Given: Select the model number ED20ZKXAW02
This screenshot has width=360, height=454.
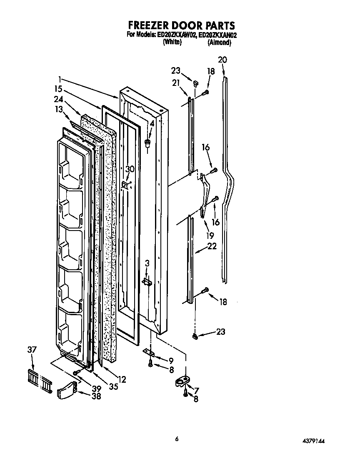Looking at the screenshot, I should [x=177, y=35].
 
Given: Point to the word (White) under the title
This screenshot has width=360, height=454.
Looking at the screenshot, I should [x=172, y=42].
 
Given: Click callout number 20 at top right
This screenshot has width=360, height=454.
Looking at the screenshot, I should [x=222, y=60].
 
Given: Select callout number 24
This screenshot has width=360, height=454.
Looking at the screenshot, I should [x=58, y=100].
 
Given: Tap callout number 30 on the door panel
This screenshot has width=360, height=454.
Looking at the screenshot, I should [x=130, y=169].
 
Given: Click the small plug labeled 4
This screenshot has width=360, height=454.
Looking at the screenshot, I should [x=147, y=144].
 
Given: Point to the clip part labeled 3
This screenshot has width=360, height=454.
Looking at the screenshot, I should [x=146, y=282].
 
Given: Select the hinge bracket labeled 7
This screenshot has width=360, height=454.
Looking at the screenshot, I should [x=182, y=381].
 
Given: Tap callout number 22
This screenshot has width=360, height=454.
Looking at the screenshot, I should [x=212, y=246].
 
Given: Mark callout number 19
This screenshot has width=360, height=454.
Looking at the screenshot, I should [x=211, y=235].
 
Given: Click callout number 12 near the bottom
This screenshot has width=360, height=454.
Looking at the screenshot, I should [x=122, y=379].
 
